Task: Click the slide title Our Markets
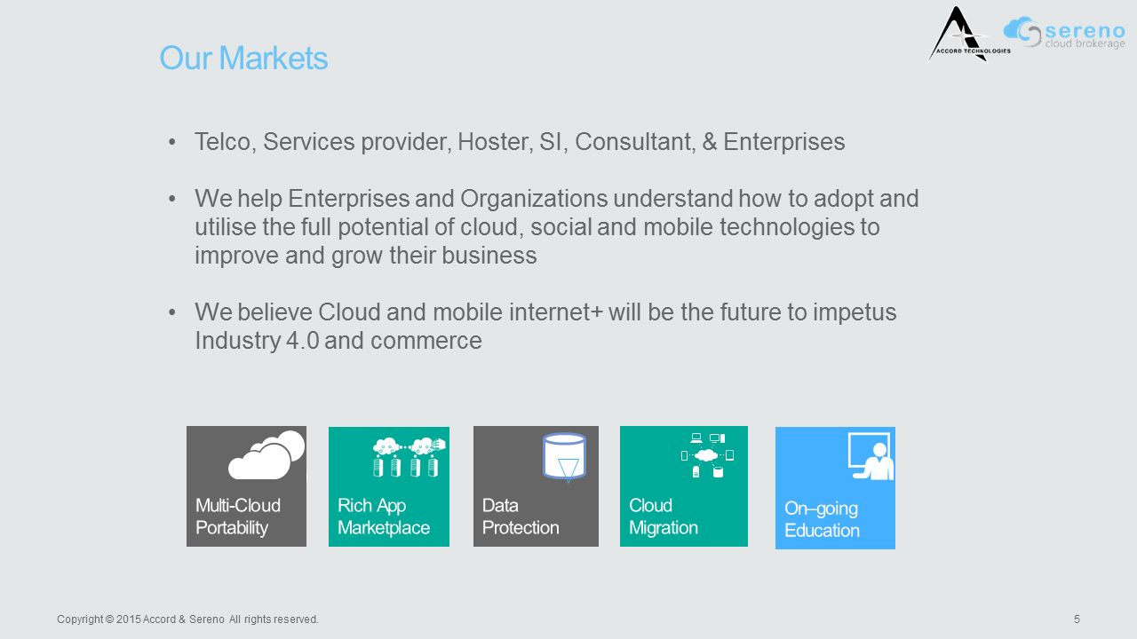click(243, 58)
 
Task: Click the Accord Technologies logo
click(968, 35)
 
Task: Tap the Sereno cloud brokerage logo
click(1064, 33)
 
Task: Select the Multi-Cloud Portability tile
click(246, 485)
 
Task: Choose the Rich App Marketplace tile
click(389, 486)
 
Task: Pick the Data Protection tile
click(536, 485)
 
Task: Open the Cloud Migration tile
click(684, 485)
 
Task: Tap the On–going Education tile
click(835, 488)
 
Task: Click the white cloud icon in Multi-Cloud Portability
click(266, 455)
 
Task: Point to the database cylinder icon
click(564, 456)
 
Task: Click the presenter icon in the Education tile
click(871, 456)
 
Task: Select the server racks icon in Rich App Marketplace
click(409, 457)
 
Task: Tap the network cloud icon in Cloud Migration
click(707, 455)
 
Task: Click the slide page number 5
click(1077, 619)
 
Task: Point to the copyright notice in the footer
click(187, 619)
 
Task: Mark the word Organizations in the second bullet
click(534, 199)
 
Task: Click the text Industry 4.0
click(257, 340)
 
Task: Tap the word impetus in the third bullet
click(855, 312)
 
